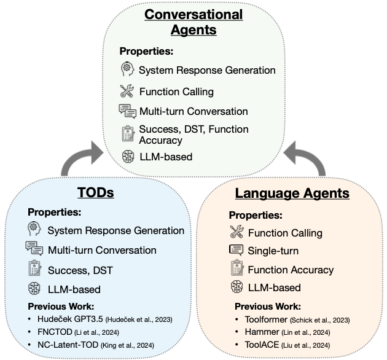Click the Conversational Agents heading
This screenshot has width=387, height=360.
coord(193,21)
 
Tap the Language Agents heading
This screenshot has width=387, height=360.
coord(292,194)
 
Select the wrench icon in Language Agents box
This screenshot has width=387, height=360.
coord(237,232)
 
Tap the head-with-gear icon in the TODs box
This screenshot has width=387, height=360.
coord(34,230)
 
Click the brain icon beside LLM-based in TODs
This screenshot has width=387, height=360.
coord(34,289)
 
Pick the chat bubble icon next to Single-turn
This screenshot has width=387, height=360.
coord(237,250)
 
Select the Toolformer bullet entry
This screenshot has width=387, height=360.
coord(291,320)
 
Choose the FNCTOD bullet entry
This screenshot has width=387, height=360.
coord(87,332)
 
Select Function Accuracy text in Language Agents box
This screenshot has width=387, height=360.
coord(291,270)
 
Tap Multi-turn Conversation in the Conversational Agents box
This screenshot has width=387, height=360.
coord(193,111)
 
